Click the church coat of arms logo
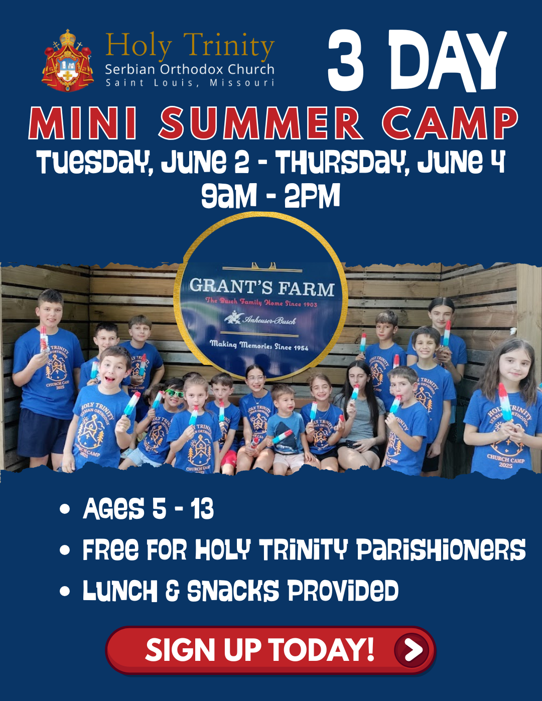[67, 61]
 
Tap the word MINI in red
[83, 123]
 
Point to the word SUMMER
[260, 123]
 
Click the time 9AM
[229, 196]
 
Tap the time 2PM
[312, 196]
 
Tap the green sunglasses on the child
[175, 393]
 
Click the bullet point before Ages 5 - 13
[65, 509]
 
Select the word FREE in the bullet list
[110, 550]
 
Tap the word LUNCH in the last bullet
[120, 591]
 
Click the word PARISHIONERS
[441, 550]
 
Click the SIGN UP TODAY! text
[260, 650]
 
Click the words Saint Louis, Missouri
[190, 83]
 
